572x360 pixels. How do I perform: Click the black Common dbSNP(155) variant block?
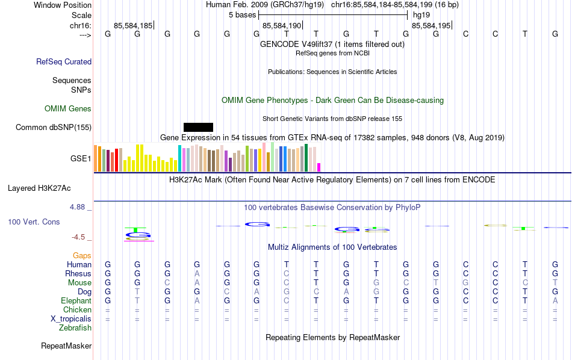click(198, 127)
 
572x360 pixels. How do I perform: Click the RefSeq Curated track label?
click(64, 61)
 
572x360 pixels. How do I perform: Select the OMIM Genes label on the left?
click(68, 109)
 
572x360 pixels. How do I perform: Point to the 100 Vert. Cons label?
click(34, 222)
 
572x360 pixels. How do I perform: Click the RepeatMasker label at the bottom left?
click(66, 346)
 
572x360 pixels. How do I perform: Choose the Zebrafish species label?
click(75, 328)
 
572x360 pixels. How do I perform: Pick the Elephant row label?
click(76, 301)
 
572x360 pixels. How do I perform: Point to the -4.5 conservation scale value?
click(79, 237)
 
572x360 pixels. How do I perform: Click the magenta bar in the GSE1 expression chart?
click(319, 167)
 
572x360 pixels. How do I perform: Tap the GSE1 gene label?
click(81, 159)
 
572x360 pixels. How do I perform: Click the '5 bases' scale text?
click(243, 14)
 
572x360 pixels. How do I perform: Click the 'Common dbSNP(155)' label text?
click(54, 127)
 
